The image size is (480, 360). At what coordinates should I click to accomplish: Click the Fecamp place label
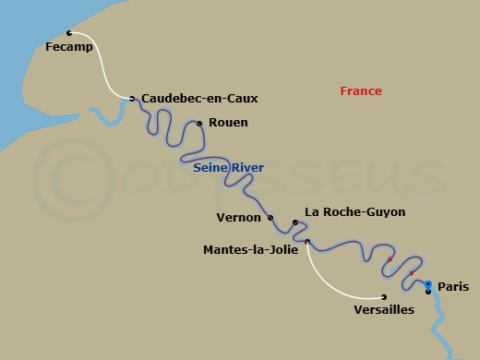[69, 48]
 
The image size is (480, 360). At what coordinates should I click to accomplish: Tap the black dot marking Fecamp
[69, 33]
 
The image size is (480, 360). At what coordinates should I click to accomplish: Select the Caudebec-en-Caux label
[199, 98]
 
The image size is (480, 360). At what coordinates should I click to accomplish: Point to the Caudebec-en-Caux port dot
[132, 98]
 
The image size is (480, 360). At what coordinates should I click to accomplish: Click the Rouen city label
[229, 122]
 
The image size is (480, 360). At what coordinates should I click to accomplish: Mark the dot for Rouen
[199, 123]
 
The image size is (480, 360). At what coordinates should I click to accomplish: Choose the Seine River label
[228, 168]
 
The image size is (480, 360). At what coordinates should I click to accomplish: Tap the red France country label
[361, 91]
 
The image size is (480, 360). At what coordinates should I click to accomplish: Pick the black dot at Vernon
[270, 218]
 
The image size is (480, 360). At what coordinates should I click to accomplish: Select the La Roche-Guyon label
[354, 212]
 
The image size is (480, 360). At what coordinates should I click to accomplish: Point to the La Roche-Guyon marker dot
[294, 222]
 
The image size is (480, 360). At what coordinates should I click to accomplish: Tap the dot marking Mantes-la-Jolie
[307, 242]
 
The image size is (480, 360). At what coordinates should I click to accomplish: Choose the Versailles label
[384, 310]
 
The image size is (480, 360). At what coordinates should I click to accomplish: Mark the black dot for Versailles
[384, 296]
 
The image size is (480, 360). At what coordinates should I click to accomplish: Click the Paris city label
[452, 287]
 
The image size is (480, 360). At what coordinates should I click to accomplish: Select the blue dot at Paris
[428, 283]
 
